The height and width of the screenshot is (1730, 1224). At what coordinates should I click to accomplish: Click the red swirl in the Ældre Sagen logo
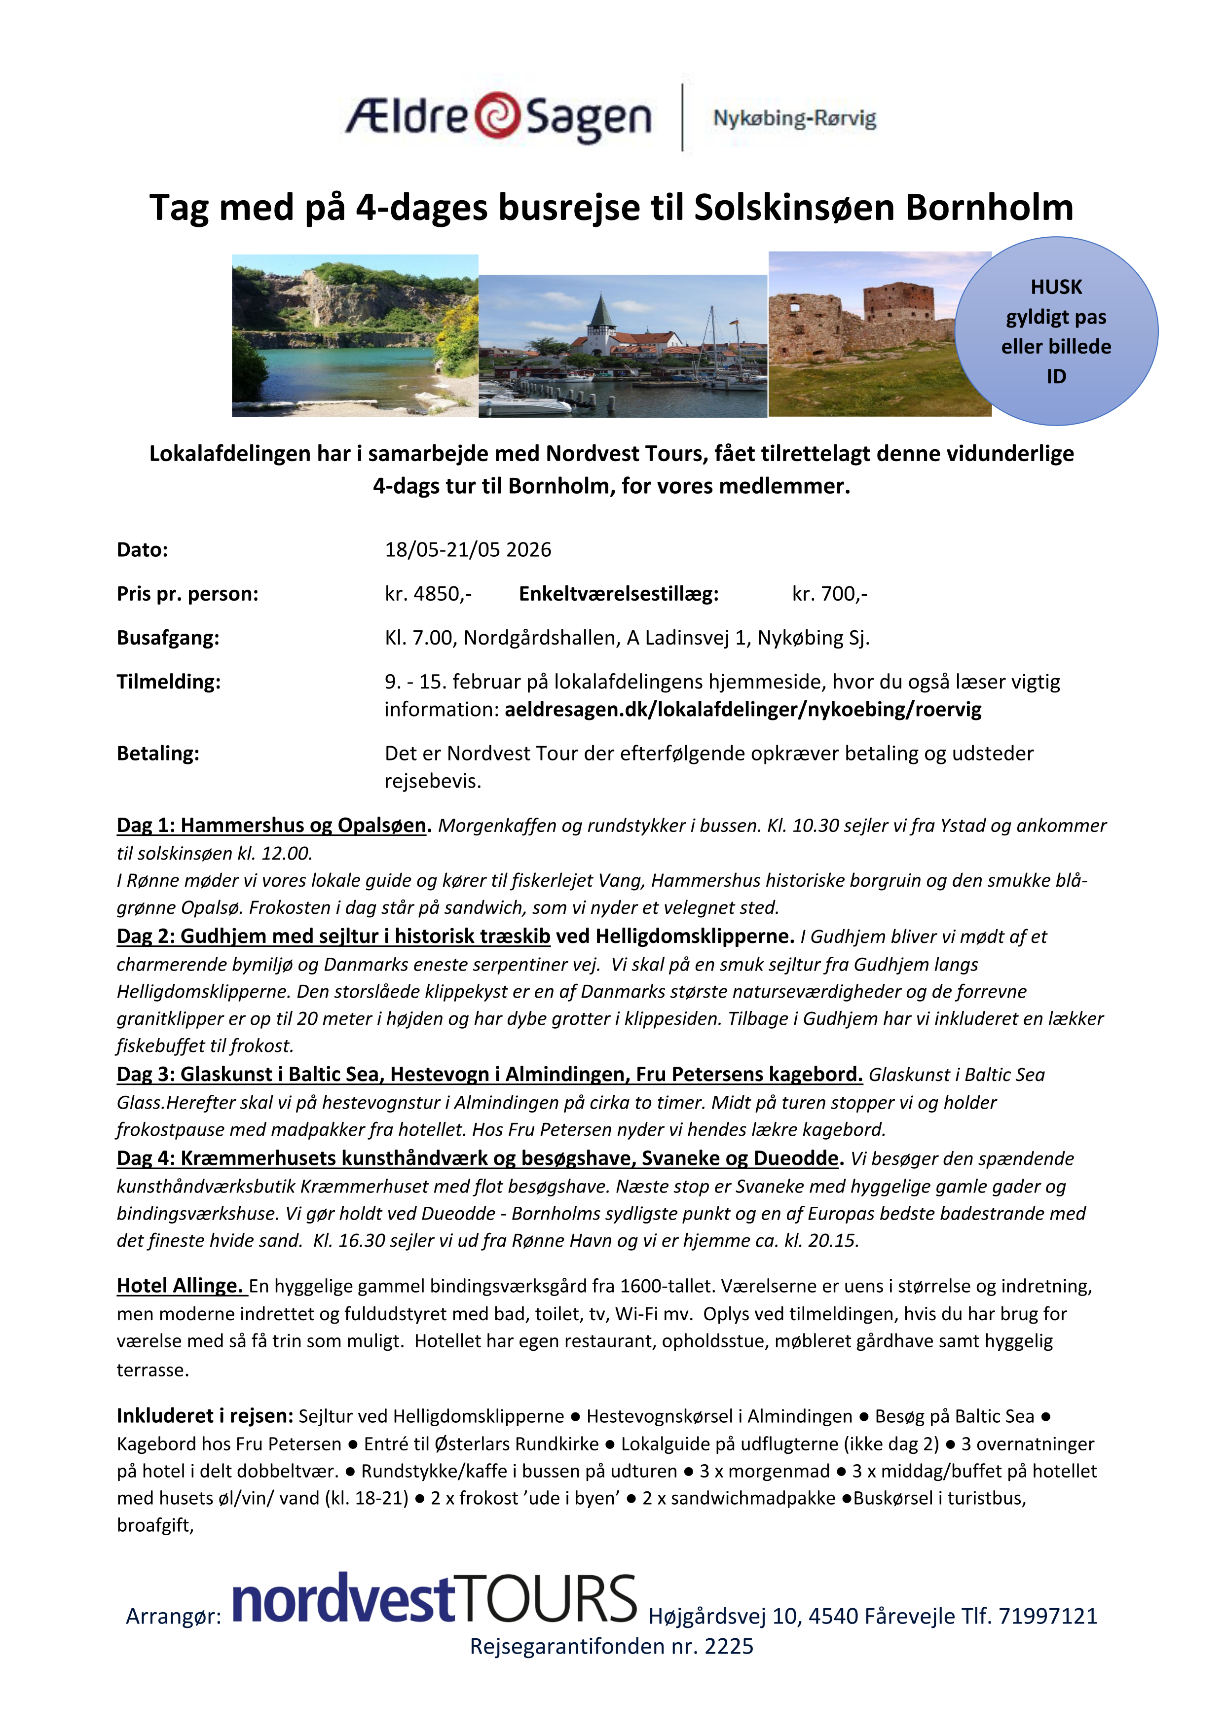[x=497, y=115]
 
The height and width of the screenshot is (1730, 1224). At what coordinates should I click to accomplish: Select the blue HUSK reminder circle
[x=1056, y=331]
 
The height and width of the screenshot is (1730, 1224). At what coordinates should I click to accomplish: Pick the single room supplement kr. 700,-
[x=829, y=594]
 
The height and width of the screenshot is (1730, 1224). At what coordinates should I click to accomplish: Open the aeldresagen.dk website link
[x=743, y=710]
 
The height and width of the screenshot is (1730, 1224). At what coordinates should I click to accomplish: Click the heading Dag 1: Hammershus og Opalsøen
[x=271, y=826]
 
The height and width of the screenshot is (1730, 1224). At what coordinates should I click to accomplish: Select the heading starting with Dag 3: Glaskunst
[x=489, y=1075]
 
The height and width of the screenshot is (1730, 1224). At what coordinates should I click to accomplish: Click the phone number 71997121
[x=1048, y=1616]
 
